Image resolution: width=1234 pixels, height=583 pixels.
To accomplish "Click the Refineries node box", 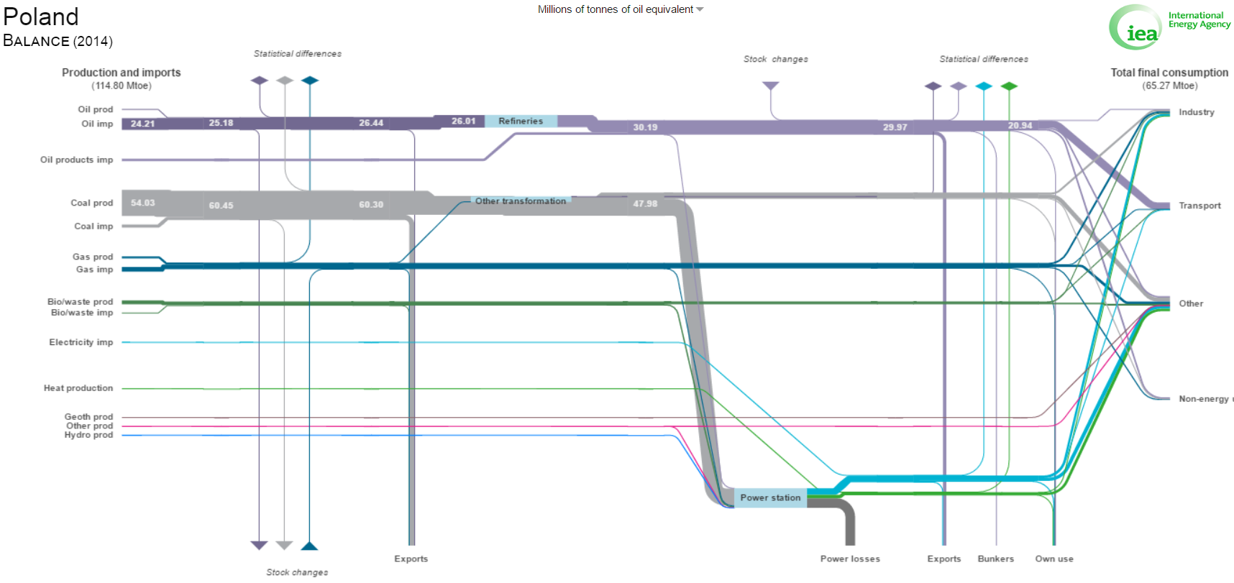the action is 521,121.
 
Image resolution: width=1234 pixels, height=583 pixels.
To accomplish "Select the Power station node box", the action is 770,497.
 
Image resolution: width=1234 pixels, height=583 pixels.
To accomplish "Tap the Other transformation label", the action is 521,201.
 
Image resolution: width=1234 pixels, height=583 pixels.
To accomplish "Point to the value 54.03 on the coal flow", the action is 142,203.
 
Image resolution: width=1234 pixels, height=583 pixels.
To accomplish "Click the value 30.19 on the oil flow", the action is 645,127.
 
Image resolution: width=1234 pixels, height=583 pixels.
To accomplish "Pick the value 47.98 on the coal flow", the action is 645,203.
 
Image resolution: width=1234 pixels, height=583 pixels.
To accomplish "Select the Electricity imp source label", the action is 81,342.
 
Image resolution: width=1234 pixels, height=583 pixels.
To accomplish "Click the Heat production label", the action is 78,388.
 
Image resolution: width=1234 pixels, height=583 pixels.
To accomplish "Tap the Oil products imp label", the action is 77,160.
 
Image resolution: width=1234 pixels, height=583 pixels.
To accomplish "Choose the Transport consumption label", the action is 1199,206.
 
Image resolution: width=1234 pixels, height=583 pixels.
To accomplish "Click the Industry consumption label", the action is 1197,112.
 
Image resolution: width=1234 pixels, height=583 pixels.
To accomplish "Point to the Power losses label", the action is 850,559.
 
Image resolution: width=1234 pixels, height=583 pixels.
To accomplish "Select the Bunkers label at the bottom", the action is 996,559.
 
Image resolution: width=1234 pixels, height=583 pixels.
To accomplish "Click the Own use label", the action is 1054,559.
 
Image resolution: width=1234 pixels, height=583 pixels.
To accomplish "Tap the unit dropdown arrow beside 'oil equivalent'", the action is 700,9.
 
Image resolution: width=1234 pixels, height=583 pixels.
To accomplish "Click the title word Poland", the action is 41,17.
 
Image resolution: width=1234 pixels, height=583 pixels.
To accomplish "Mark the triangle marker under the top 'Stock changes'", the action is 771,86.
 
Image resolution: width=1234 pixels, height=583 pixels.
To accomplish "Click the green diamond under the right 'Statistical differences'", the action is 1010,86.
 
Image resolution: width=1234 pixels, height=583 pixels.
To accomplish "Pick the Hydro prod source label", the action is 88,435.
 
